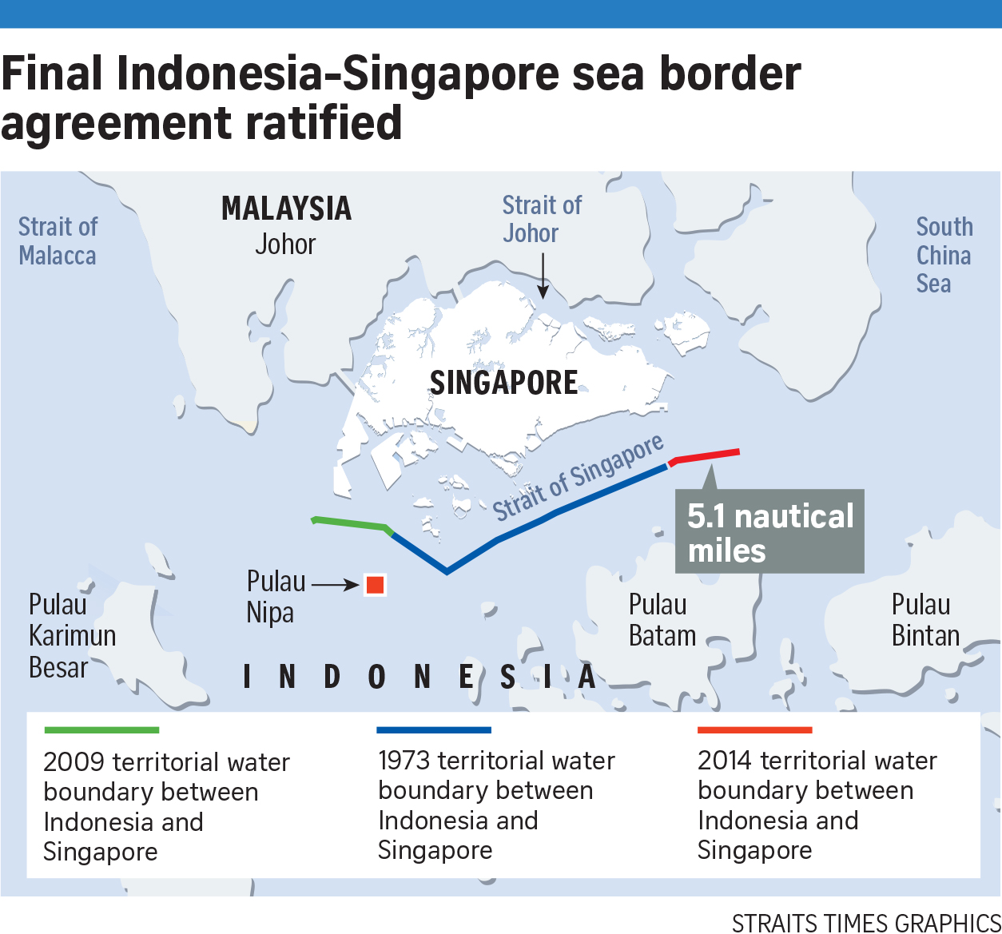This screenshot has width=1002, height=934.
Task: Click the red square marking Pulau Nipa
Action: (375, 585)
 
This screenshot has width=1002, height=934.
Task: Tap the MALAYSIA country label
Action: (286, 209)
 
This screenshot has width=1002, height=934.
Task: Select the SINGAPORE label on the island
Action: (503, 383)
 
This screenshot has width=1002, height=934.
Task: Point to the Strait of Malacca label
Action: (58, 241)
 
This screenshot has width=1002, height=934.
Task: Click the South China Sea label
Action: (944, 255)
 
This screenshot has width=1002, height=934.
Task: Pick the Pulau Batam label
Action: (662, 620)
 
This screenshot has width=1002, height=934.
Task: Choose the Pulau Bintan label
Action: (924, 620)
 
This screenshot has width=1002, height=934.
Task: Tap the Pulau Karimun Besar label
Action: (72, 636)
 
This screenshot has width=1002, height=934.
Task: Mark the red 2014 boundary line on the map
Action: (708, 456)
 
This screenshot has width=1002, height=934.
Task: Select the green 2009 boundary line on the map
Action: (352, 524)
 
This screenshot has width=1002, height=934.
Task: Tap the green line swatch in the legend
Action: (101, 730)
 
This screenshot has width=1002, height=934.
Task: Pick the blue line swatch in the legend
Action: (434, 730)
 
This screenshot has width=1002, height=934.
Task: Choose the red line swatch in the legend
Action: (754, 730)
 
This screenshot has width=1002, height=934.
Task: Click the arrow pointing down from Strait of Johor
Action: (543, 276)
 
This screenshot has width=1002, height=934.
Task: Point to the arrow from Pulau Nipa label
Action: (335, 585)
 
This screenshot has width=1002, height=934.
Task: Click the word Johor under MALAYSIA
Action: (285, 244)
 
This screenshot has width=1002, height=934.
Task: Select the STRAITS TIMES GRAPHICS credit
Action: (865, 922)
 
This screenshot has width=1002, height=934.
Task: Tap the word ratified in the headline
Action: (324, 124)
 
